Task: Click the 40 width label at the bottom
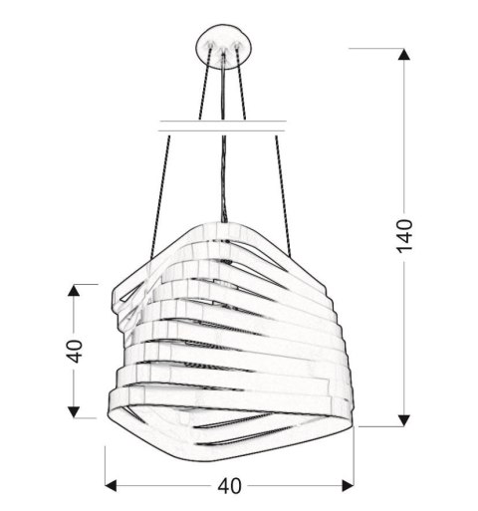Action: pyautogui.click(x=231, y=487)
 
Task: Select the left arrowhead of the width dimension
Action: pyautogui.click(x=112, y=487)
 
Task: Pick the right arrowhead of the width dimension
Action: pyautogui.click(x=351, y=487)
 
